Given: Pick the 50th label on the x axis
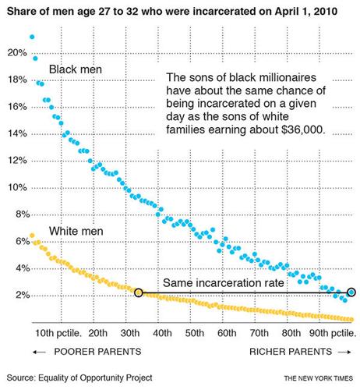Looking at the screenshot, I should point(194,332).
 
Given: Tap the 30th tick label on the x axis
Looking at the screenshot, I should point(130,332).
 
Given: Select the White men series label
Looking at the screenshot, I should point(79,232).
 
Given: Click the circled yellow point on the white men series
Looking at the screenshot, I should point(139,293).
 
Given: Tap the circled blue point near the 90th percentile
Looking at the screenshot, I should point(351,292).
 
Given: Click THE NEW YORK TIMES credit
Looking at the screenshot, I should point(316,378).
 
